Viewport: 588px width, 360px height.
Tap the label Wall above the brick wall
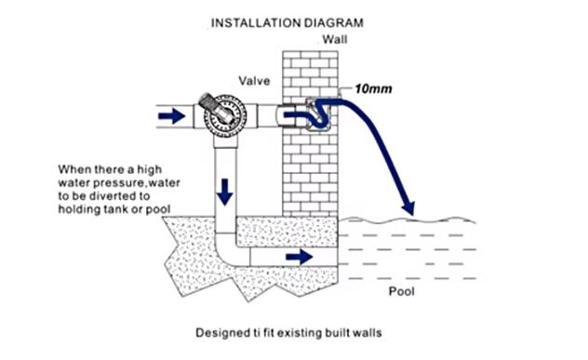(x=335, y=40)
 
